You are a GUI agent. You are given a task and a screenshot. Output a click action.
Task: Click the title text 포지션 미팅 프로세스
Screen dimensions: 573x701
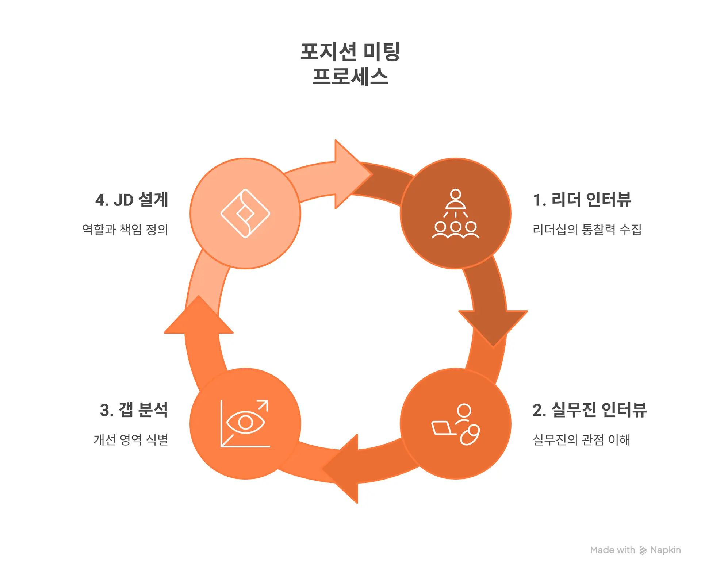click(x=350, y=64)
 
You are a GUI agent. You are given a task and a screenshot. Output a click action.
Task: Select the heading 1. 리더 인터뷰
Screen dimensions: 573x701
click(x=582, y=200)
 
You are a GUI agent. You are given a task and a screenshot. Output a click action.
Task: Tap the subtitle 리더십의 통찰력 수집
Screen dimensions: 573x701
click(x=587, y=230)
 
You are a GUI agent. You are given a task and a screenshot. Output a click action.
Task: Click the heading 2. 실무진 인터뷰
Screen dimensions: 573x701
click(x=589, y=410)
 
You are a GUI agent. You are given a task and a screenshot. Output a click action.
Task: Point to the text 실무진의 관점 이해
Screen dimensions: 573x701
click(x=581, y=439)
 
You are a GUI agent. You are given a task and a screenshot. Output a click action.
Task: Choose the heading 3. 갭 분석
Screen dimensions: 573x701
click(x=134, y=410)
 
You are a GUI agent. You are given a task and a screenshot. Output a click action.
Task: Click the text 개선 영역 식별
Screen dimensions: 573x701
click(x=131, y=439)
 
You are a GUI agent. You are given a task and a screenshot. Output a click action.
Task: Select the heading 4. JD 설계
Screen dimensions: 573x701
click(x=131, y=200)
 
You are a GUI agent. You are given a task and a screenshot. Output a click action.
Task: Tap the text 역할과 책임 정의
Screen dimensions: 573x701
click(x=125, y=230)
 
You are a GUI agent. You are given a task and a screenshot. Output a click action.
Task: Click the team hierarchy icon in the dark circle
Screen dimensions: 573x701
click(x=455, y=214)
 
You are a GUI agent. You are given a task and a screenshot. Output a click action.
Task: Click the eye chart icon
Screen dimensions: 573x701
click(x=245, y=423)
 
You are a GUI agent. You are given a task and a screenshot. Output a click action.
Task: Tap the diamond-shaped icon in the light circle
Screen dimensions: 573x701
click(x=245, y=214)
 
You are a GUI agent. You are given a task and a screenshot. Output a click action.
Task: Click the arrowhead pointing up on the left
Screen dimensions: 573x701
click(x=199, y=317)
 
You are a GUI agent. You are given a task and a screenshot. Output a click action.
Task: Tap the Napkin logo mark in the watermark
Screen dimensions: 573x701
click(x=643, y=550)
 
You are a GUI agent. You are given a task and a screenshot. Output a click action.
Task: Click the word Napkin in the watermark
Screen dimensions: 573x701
click(x=666, y=550)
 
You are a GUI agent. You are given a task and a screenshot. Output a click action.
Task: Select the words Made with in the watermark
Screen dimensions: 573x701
click(x=612, y=550)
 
